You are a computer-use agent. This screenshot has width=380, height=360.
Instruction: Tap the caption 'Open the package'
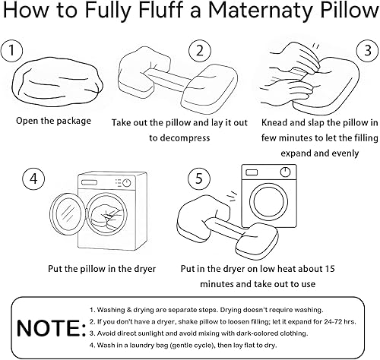(x=54, y=121)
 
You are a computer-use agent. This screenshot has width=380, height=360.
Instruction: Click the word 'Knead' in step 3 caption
(x=276, y=122)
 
